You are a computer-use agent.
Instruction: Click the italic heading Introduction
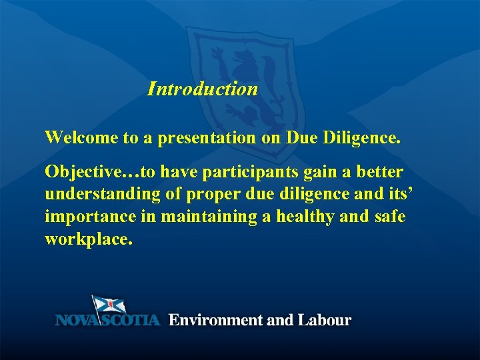203,89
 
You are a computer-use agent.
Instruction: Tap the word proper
207,195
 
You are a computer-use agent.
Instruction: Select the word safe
389,217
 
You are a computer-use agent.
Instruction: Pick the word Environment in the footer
215,320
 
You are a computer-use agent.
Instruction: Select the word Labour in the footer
324,320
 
